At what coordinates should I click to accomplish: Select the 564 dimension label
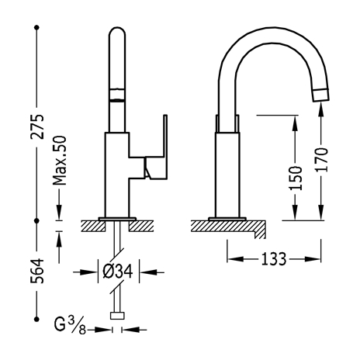[x=38, y=271]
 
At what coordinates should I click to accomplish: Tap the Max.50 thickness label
[x=60, y=161]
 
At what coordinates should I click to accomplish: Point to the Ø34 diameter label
[x=118, y=272]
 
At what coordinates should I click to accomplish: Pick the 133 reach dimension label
[x=274, y=259]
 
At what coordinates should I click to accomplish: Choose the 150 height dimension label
[x=296, y=178]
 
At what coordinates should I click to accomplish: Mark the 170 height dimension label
[x=321, y=160]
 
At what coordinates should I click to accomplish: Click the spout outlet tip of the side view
[x=320, y=95]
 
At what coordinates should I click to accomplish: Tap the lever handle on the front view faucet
[x=156, y=155]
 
